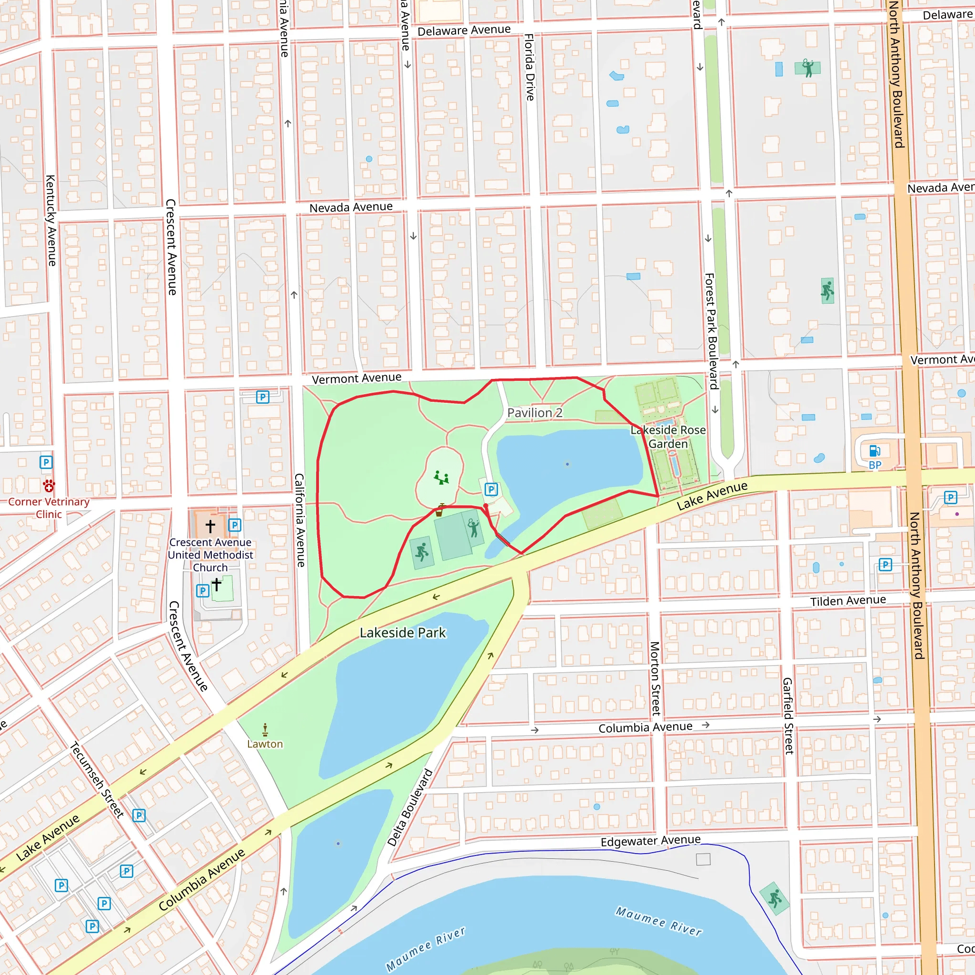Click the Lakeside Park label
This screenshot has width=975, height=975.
[403, 632]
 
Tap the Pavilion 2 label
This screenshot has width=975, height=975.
[535, 412]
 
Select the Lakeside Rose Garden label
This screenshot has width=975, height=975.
[668, 437]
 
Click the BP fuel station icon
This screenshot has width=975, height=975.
[875, 450]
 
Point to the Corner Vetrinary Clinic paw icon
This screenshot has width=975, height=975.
[49, 486]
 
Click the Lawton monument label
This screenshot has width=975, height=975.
[265, 744]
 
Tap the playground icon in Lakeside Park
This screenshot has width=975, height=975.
[442, 478]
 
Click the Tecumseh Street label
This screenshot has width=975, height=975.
[97, 779]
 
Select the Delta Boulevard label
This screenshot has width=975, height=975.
[410, 807]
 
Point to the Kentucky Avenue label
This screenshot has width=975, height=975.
[51, 220]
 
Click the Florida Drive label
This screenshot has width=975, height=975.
[529, 67]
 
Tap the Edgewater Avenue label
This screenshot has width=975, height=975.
[650, 841]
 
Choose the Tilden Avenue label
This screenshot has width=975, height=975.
[848, 600]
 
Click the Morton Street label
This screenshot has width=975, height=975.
[655, 678]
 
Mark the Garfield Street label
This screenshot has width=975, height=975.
[788, 716]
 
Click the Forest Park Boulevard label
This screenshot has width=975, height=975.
[711, 331]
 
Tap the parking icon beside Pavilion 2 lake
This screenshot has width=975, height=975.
[491, 489]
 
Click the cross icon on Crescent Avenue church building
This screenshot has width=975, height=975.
[210, 526]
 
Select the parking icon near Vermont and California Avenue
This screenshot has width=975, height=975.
[262, 397]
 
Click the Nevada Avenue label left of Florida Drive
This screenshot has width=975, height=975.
[351, 207]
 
